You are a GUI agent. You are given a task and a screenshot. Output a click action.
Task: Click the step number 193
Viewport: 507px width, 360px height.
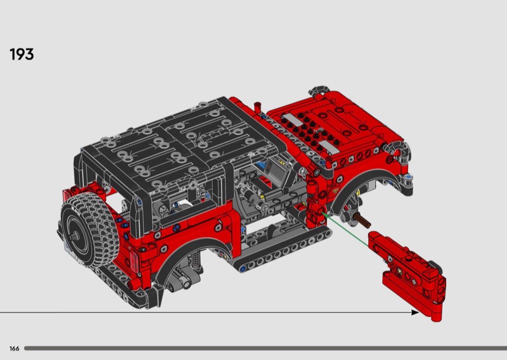(22, 55)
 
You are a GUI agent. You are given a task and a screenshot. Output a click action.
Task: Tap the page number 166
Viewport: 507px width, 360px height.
(14, 349)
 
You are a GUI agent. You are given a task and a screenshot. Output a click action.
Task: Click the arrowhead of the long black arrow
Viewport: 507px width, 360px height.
(415, 312)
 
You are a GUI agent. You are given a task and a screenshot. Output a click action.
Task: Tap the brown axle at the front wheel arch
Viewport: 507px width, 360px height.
(362, 219)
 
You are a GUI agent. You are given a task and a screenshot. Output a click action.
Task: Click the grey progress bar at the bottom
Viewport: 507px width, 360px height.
(266, 349)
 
